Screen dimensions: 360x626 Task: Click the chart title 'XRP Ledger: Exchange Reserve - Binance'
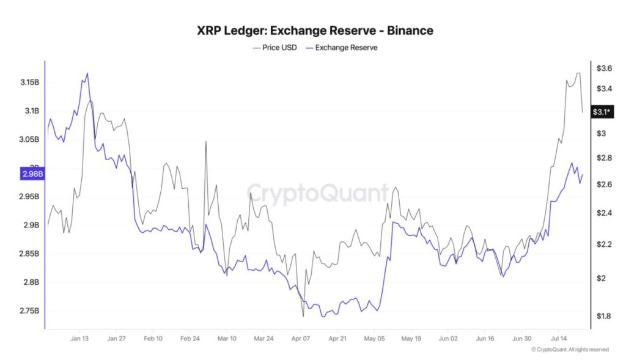[x=315, y=30]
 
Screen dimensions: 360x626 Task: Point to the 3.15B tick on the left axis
[x=28, y=82]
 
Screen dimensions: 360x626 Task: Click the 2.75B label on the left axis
[x=28, y=311]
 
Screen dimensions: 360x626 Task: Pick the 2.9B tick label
[x=30, y=226]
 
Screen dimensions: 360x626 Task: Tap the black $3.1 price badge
[x=602, y=112]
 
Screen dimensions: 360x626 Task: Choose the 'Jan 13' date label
[x=79, y=338]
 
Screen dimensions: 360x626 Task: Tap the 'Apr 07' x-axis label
[x=301, y=338]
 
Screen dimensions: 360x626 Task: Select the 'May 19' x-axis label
[x=411, y=338]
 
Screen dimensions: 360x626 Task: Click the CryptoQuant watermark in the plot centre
[x=317, y=194]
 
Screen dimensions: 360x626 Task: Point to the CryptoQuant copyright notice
[x=569, y=350]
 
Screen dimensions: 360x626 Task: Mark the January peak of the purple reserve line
[x=87, y=73]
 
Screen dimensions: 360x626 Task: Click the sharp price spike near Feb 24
[x=206, y=142]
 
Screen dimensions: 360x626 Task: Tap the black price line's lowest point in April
[x=303, y=317]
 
